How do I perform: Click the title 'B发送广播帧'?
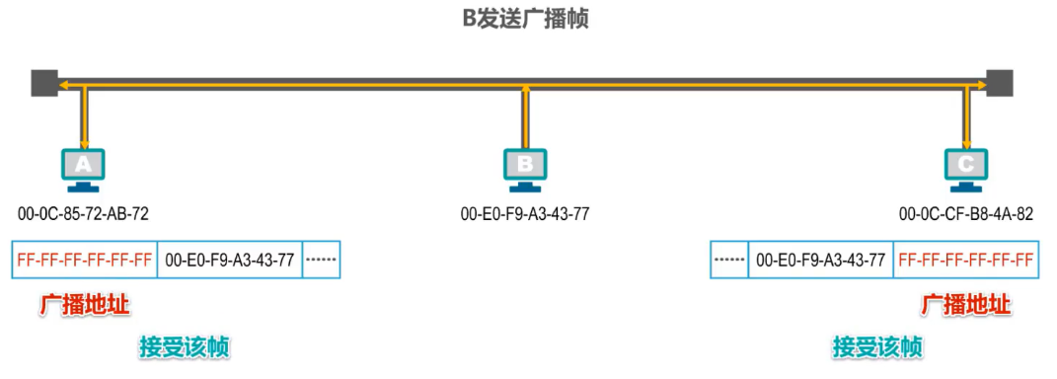click(x=526, y=19)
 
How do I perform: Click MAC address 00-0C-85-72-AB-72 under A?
click(x=83, y=212)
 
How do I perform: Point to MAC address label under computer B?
click(x=525, y=212)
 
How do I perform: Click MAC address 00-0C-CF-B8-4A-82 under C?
click(x=966, y=212)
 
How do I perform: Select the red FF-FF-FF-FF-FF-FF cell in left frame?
click(x=84, y=261)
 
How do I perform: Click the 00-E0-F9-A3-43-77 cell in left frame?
click(x=229, y=261)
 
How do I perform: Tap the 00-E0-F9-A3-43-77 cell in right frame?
click(x=820, y=261)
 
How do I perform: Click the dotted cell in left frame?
click(x=321, y=261)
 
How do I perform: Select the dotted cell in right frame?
click(x=729, y=261)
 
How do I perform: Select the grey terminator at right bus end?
click(x=1000, y=82)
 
